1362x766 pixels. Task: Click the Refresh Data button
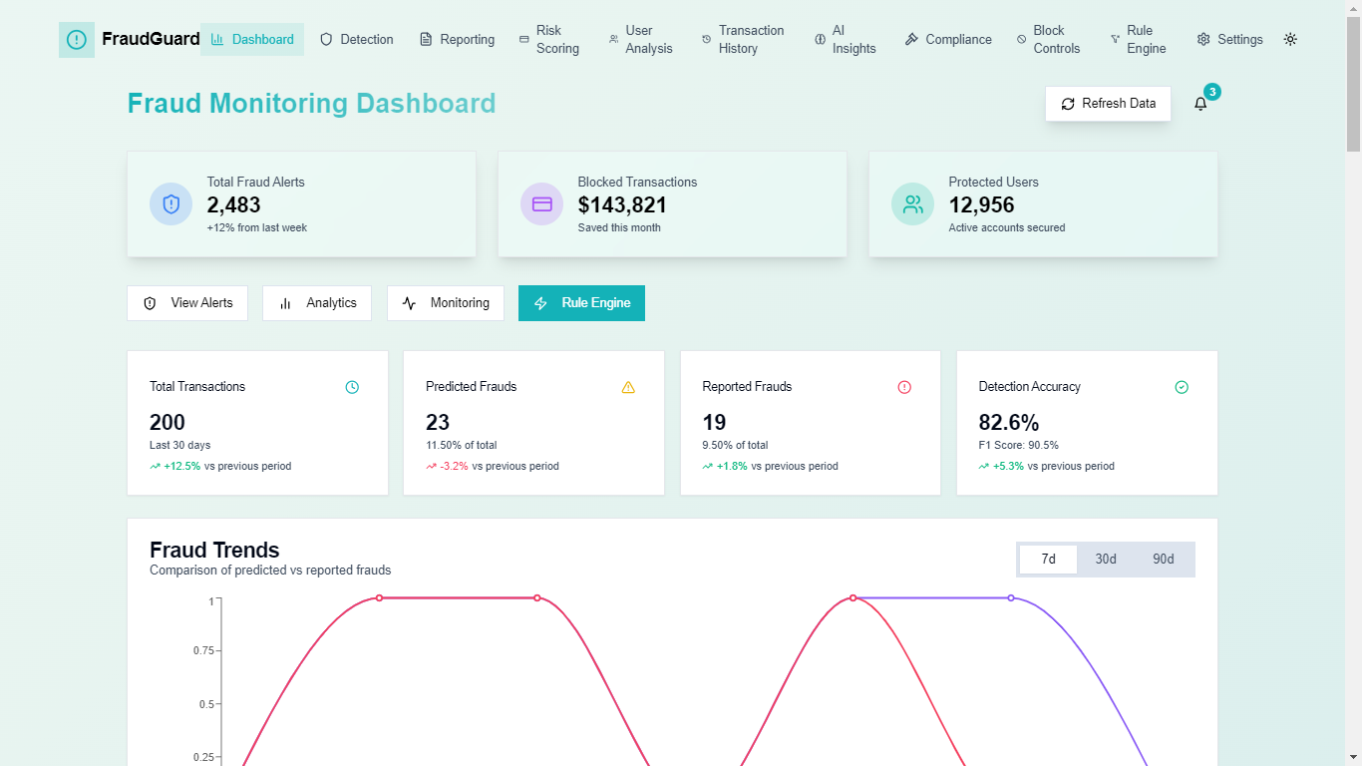(1108, 104)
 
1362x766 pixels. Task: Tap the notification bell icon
(1200, 104)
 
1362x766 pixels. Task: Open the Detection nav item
(357, 40)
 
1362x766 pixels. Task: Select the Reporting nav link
(457, 40)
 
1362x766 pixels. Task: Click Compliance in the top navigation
(948, 40)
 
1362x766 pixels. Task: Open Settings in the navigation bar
(1229, 40)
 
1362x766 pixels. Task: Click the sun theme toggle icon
(1290, 40)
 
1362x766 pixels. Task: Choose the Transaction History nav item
(742, 40)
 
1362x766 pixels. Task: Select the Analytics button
(317, 303)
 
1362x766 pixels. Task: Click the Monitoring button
(446, 303)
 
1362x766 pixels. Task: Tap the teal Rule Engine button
(581, 303)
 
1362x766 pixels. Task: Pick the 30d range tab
(1106, 560)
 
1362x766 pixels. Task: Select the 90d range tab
(1163, 560)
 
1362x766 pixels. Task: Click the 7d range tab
(1048, 560)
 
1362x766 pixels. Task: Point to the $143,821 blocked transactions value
(622, 205)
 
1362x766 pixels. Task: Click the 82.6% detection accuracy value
(1009, 422)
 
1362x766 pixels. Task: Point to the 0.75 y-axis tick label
(203, 650)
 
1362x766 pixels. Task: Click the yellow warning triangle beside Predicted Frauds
(628, 387)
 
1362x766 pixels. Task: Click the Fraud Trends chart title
(214, 550)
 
